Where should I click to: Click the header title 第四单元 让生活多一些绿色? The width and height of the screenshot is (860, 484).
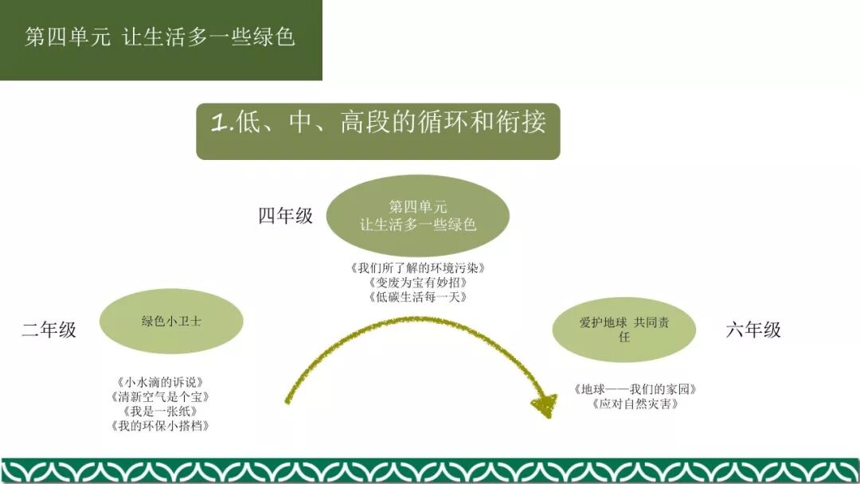160,37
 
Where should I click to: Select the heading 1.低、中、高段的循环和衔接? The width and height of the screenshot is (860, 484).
378,123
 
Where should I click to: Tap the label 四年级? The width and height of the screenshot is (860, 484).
285,216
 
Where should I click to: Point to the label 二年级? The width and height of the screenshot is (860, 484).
49,330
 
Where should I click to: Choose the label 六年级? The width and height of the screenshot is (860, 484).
753,330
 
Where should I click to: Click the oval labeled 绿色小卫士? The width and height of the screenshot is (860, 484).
171,322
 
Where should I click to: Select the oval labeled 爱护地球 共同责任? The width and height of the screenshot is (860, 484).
623,330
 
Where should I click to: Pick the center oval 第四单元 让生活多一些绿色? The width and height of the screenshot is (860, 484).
417,216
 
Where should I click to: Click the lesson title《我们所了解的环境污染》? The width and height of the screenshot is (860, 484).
417,267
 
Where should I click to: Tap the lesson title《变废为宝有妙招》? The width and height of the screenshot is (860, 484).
417,283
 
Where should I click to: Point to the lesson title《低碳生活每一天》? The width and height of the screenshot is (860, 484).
417,297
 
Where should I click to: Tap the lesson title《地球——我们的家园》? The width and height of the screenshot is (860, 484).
635,389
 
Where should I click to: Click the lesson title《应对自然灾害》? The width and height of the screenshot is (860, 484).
635,404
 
